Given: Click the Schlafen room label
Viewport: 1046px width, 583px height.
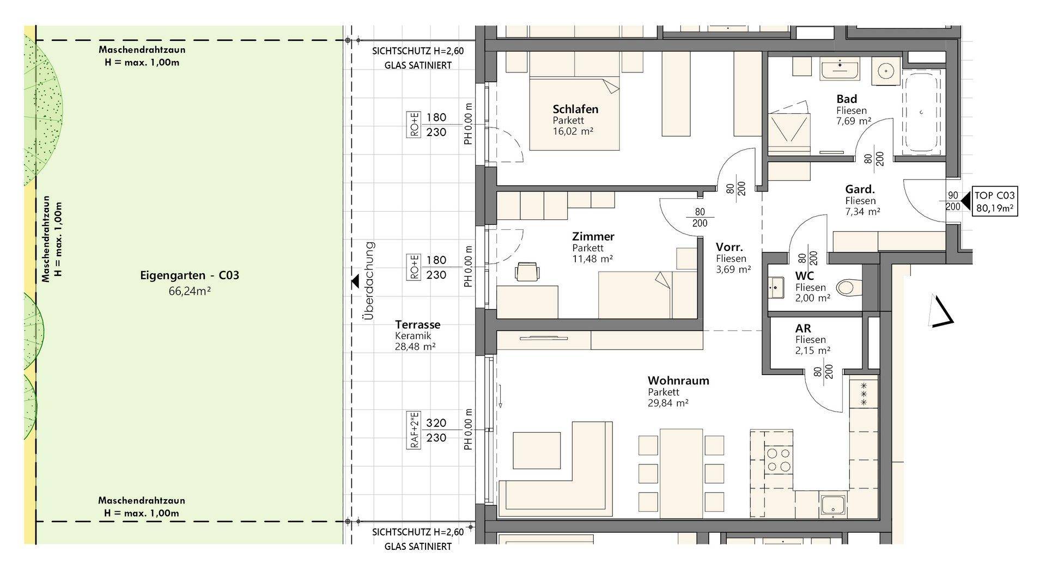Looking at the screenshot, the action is pyautogui.click(x=575, y=109).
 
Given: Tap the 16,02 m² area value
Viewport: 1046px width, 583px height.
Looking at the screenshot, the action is pyautogui.click(x=573, y=131).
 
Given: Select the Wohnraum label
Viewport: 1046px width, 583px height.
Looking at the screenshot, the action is pyautogui.click(x=678, y=381).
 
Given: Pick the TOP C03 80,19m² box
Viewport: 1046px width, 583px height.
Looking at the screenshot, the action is pyautogui.click(x=995, y=201).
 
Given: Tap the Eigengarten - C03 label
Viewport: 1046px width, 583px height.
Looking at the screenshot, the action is pyautogui.click(x=190, y=275).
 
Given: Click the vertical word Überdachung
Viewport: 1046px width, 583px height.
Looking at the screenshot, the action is pyautogui.click(x=370, y=280).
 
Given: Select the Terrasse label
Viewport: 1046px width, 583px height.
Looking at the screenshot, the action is pyautogui.click(x=418, y=324).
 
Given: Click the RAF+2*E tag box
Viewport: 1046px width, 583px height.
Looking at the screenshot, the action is pyautogui.click(x=415, y=430).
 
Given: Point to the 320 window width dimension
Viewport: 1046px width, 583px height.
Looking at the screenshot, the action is pyautogui.click(x=436, y=423).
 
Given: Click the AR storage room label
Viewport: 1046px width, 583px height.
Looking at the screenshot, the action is pyautogui.click(x=803, y=329).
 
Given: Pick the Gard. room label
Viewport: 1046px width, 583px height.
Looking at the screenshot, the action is pyautogui.click(x=860, y=189).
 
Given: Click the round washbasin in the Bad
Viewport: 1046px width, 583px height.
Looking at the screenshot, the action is pyautogui.click(x=887, y=71).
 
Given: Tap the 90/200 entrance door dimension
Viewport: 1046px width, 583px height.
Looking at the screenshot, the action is pyautogui.click(x=953, y=201).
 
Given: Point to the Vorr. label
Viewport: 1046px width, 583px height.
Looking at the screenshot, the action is pyautogui.click(x=729, y=247).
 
